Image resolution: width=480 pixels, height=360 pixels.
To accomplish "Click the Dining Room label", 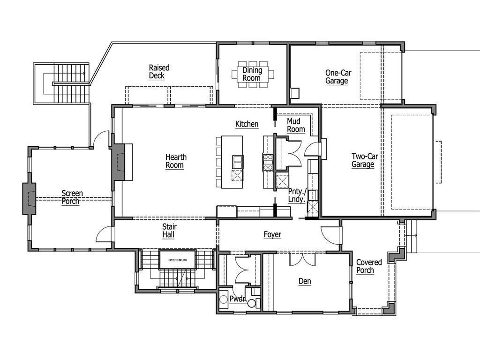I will click(251, 74).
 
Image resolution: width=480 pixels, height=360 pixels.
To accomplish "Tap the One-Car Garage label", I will click(338, 77).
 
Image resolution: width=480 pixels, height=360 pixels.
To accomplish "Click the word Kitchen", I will click(247, 124).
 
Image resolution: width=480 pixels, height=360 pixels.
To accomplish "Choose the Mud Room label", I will click(296, 125).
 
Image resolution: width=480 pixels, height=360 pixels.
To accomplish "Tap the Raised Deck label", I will click(159, 72).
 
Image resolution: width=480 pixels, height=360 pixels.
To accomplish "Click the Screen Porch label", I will click(72, 197).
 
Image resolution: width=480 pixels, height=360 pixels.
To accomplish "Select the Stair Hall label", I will click(169, 231).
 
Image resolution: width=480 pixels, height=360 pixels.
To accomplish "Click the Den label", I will click(305, 281).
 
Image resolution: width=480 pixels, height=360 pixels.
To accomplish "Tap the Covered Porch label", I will click(369, 266).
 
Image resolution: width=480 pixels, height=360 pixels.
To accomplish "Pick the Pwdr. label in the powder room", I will click(238, 299).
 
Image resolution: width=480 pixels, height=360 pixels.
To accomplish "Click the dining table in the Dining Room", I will click(252, 74).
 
